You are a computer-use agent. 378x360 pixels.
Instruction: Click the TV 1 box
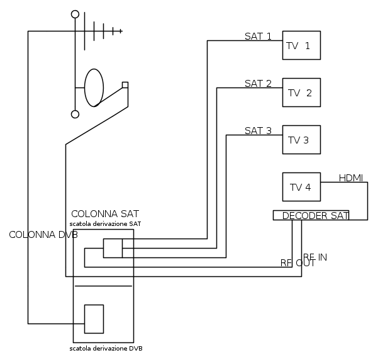301,46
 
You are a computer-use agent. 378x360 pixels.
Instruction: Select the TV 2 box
301,93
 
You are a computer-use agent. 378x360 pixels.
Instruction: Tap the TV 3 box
301,140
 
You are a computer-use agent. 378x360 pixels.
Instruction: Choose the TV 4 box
301,187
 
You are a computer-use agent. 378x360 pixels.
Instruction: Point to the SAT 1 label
258,36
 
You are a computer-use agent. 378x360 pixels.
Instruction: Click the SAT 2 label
258,83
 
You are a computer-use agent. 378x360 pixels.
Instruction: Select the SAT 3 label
258,131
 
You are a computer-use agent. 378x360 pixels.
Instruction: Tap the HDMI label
351,177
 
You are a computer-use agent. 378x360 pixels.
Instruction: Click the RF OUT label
297,263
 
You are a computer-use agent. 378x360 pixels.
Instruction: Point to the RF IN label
314,257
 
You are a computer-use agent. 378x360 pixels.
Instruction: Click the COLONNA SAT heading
105,213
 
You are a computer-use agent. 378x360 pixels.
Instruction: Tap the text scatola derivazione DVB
110,348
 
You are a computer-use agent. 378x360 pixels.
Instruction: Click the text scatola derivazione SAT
105,223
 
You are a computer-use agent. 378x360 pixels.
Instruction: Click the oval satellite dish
94,87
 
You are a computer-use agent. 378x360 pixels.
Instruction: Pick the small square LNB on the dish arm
125,84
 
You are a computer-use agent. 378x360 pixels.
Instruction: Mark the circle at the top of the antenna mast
75,14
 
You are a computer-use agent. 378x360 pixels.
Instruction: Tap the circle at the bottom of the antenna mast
75,114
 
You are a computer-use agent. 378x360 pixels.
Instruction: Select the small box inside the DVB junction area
94,318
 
